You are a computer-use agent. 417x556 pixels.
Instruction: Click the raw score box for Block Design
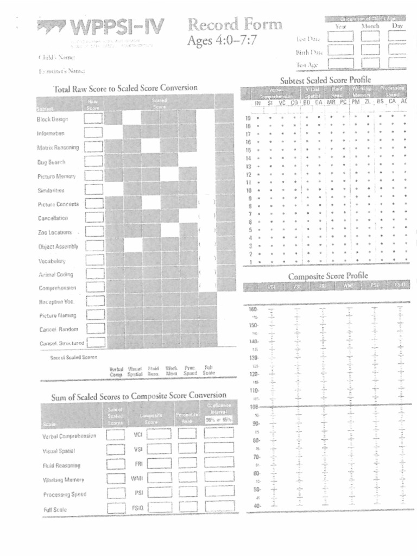pos(93,118)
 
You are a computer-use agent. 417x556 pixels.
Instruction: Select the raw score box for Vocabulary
pos(94,260)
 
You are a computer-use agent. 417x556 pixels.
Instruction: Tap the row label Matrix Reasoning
pos(58,148)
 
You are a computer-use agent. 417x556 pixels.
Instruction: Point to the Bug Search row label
pos(52,162)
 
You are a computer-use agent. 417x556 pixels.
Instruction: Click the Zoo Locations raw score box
pos(94,232)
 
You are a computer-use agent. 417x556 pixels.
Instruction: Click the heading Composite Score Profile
pos(328,275)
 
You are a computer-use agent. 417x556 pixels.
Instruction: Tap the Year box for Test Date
pos(340,37)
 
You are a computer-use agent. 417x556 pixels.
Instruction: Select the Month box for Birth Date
pos(371,50)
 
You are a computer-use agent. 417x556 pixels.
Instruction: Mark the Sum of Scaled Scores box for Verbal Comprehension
pos(115,435)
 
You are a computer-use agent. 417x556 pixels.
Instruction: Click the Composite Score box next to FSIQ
pos(160,508)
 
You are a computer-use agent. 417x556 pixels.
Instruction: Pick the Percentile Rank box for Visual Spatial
pos(187,449)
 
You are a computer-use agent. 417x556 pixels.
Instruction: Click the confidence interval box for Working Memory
pos(219,478)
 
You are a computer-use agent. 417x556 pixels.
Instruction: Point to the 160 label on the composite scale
pos(252,309)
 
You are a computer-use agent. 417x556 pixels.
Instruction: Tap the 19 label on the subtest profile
pos(248,117)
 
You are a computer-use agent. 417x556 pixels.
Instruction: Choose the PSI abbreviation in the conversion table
pos(138,493)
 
